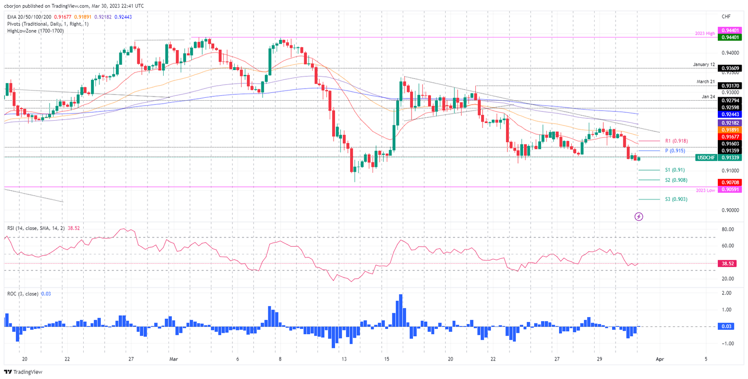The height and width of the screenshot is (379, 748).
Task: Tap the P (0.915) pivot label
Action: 675,151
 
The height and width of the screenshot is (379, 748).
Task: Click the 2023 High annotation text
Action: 704,34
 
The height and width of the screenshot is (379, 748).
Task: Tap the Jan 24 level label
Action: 708,96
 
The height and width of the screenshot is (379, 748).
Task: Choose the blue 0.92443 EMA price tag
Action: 731,114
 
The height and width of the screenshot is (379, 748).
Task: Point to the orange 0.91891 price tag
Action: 731,130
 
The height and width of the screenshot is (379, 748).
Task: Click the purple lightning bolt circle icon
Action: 639,216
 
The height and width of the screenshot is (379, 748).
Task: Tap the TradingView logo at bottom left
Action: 24,372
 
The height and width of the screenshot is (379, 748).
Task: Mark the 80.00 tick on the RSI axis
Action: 728,229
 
